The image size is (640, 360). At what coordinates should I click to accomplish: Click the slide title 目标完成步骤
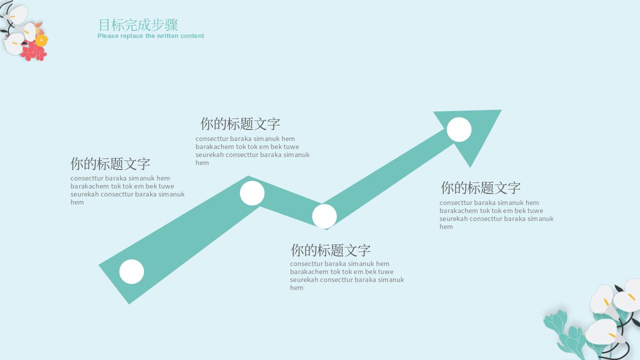tap(138, 25)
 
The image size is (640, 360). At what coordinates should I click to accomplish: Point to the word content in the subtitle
tap(192, 36)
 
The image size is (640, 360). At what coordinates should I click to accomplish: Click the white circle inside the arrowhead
tap(459, 129)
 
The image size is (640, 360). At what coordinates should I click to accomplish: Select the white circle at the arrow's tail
tap(131, 271)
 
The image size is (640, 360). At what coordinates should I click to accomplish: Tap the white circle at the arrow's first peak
tap(252, 193)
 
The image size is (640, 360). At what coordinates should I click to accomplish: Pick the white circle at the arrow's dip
tap(324, 216)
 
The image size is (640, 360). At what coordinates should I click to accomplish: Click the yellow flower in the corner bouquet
tap(41, 40)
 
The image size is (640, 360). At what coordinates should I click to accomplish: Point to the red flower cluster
tap(34, 51)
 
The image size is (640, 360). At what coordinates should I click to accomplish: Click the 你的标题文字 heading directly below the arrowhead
tap(480, 187)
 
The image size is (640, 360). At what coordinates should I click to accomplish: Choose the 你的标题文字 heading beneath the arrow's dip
tap(330, 250)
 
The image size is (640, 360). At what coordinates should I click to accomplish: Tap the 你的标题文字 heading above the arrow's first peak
tap(240, 123)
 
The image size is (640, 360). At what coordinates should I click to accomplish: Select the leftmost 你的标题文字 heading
tap(110, 163)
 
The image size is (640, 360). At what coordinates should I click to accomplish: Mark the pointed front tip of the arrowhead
tap(501, 109)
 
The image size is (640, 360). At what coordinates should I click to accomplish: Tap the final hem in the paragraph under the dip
tap(296, 287)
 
